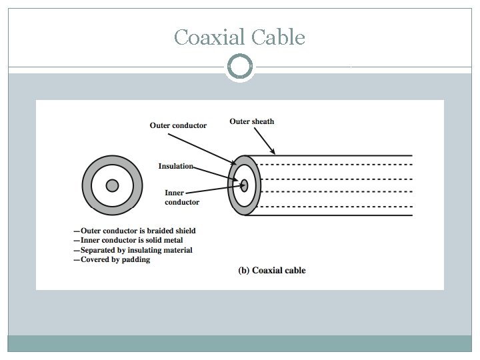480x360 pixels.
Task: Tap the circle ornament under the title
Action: point(240,67)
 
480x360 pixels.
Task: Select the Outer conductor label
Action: point(178,125)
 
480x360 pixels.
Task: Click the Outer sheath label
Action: point(251,121)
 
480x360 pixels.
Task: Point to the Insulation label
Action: point(175,166)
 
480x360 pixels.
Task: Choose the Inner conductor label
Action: point(181,197)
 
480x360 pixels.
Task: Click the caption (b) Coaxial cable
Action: point(272,271)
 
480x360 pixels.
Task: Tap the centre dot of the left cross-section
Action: point(112,185)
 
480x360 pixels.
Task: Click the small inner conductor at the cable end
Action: point(245,186)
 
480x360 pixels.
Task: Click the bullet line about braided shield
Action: point(135,231)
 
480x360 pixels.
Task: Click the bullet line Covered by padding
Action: point(113,259)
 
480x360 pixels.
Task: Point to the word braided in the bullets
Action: point(158,231)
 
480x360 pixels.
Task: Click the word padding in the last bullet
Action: point(137,259)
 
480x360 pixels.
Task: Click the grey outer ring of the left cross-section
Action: point(87,185)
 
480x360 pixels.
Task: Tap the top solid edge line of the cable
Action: point(333,155)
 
